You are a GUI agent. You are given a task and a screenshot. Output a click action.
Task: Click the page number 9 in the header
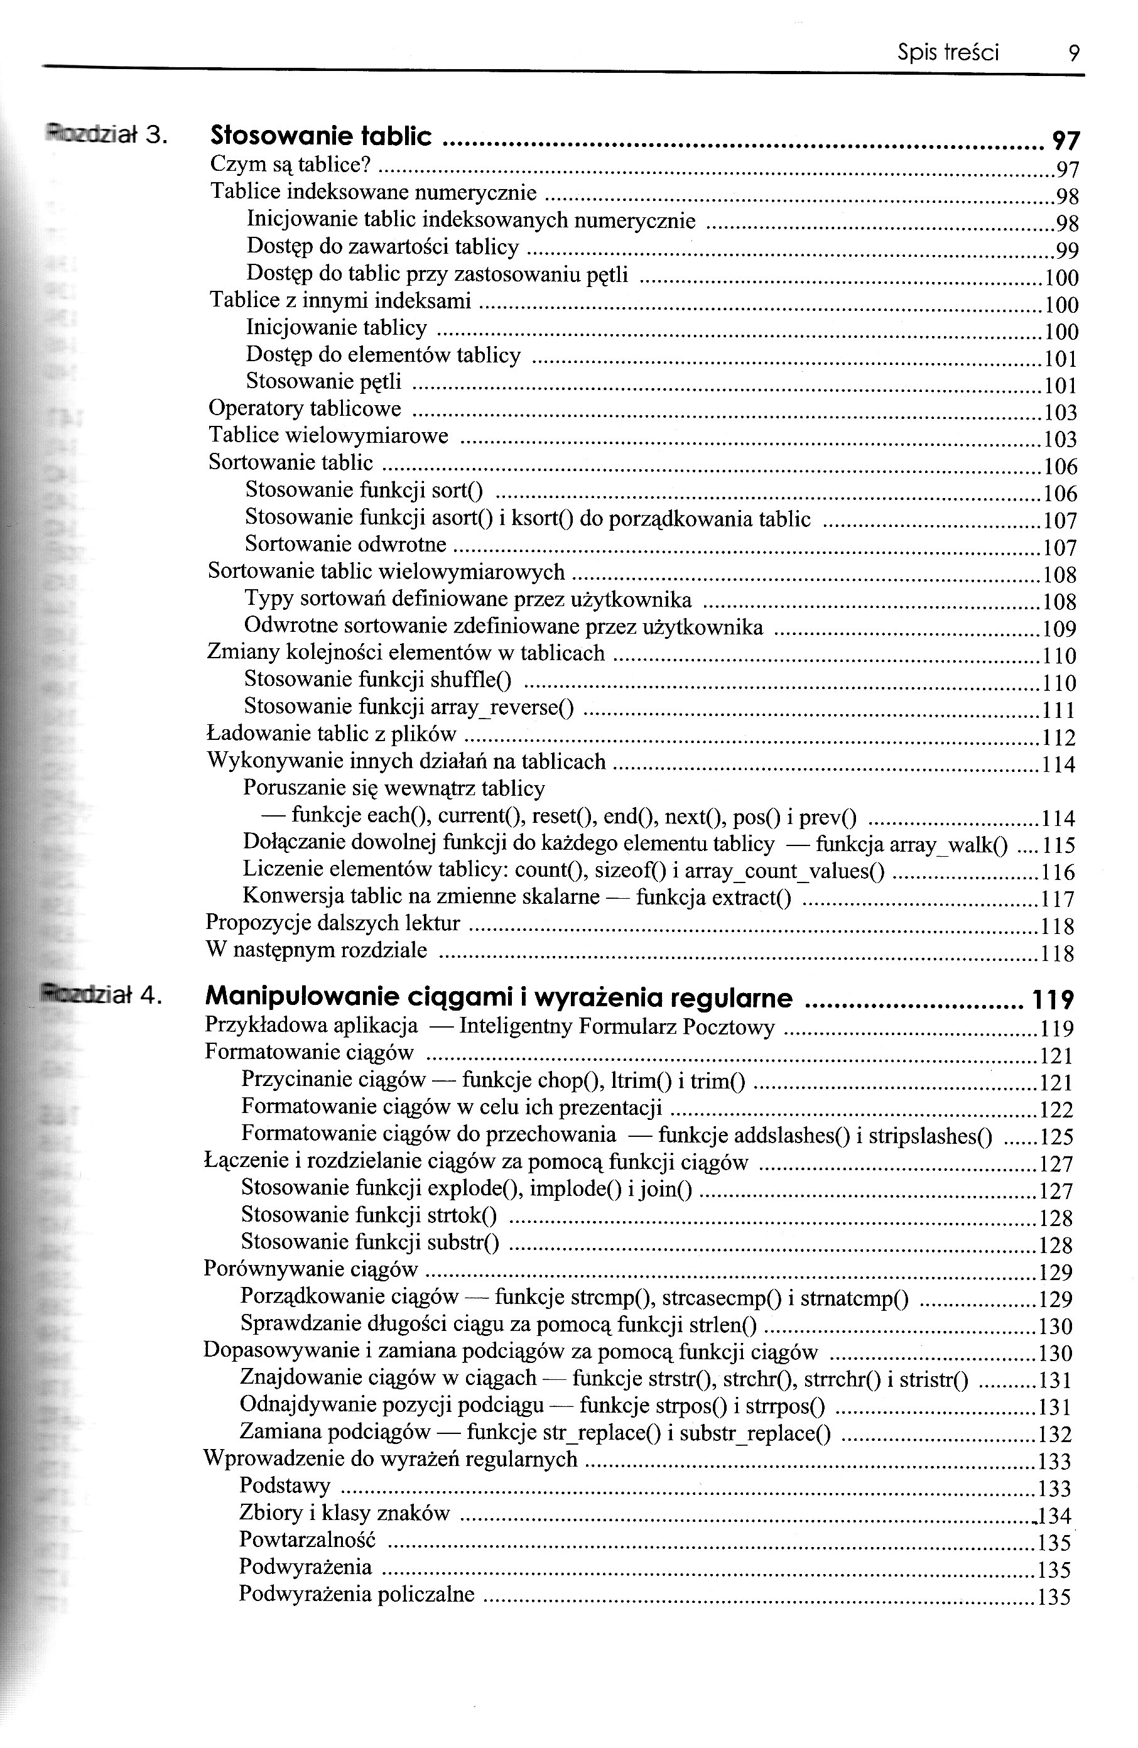pos(1073,53)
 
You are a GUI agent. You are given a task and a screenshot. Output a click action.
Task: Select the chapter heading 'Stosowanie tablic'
pos(321,136)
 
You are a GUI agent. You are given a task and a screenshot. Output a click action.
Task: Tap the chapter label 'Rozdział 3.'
pos(107,135)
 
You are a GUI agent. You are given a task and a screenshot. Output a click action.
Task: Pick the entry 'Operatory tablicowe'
pos(305,408)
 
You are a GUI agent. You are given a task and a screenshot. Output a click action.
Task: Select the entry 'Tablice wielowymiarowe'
pos(328,435)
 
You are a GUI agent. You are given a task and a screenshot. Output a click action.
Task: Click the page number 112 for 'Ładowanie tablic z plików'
pos(1059,737)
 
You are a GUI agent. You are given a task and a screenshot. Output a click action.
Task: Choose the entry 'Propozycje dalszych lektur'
pos(333,923)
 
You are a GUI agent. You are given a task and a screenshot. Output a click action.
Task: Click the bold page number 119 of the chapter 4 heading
pos(1053,999)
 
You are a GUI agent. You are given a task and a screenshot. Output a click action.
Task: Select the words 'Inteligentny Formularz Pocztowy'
pos(616,1026)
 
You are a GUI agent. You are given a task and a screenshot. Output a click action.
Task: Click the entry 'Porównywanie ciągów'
pos(311,1270)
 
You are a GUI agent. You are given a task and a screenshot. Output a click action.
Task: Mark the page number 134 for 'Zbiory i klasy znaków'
pos(1054,1516)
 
